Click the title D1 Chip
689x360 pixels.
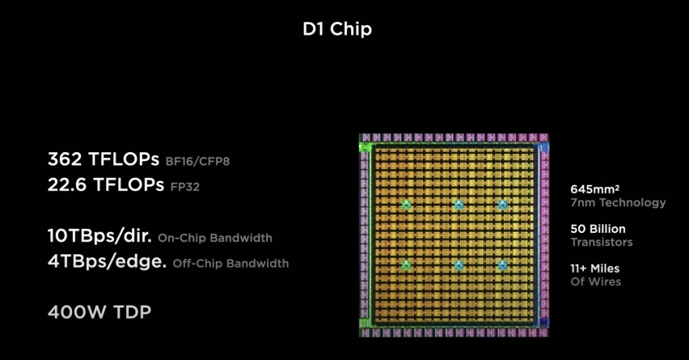337,29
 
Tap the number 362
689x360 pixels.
65,159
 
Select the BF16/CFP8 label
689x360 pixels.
198,162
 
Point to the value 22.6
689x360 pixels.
67,184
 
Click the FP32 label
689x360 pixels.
185,187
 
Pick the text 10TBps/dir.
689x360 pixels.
99,236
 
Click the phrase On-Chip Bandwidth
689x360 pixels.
215,238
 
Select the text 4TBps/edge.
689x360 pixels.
108,261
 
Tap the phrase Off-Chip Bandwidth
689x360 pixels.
230,263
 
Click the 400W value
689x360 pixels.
77,312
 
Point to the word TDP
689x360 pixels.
133,312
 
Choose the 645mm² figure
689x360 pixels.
595,189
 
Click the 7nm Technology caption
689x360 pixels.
619,202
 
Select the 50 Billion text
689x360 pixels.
598,229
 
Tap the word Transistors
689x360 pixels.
602,242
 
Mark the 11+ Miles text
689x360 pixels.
595,269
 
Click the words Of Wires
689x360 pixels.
596,282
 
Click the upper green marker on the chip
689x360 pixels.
407,205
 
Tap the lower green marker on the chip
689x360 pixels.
407,265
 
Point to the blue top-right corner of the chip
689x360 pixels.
543,147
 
